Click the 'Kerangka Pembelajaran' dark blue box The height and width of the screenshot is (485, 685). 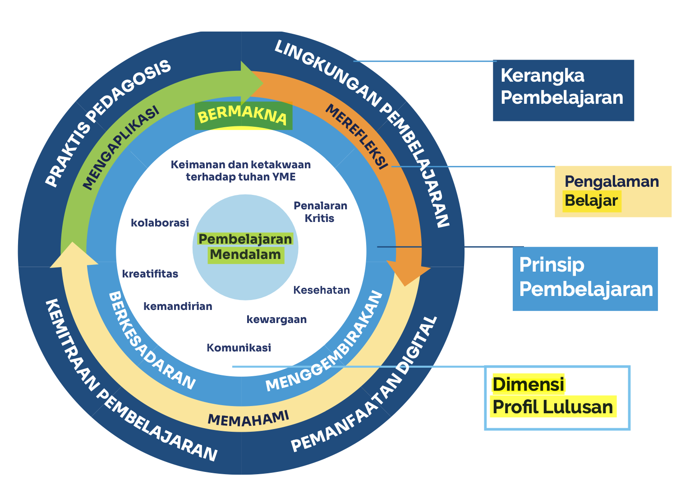click(x=563, y=90)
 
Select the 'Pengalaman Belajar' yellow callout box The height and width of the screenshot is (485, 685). click(x=612, y=191)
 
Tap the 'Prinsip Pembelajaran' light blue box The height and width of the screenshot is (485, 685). click(x=585, y=278)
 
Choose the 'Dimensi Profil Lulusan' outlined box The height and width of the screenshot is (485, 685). click(x=557, y=397)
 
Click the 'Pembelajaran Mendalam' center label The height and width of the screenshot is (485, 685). click(x=245, y=247)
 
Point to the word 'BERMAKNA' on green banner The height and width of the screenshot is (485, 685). click(x=243, y=116)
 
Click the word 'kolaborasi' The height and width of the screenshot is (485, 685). click(x=160, y=223)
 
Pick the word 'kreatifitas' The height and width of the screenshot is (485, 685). click(x=150, y=274)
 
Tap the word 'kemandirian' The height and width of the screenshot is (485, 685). click(x=178, y=306)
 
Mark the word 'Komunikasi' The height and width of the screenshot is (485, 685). click(x=239, y=348)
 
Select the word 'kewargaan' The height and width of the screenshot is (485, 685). click(x=276, y=319)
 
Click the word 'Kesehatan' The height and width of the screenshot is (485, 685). click(x=322, y=290)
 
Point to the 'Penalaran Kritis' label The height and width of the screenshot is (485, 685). click(x=320, y=212)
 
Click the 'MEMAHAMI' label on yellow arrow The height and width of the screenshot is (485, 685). click(x=248, y=419)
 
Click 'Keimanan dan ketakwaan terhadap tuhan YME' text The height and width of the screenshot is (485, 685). click(x=241, y=171)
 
